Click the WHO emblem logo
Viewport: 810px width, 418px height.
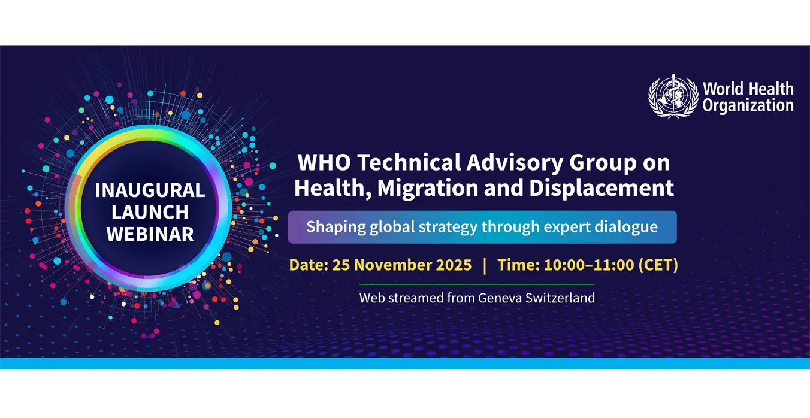pos(673,96)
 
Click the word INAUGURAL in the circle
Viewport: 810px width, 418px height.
pos(150,190)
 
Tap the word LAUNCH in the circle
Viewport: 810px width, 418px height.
pos(150,212)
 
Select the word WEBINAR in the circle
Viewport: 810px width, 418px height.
pos(150,234)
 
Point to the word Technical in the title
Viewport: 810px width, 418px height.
pos(409,162)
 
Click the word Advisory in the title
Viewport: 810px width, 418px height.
pos(515,163)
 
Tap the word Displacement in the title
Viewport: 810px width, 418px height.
pos(602,189)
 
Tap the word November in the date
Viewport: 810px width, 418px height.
pos(391,265)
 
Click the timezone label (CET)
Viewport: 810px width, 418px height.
pos(658,265)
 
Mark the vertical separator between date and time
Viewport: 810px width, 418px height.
pos(485,265)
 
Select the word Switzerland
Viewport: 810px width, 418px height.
pos(560,298)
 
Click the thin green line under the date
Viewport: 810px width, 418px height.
pos(477,284)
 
